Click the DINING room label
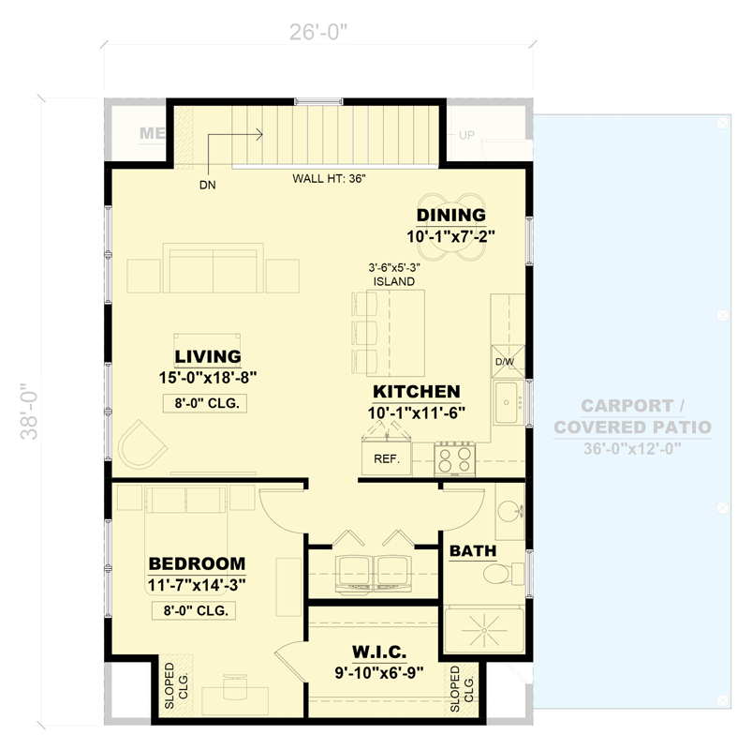(450, 215)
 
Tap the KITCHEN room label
(416, 391)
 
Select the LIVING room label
(208, 356)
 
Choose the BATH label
(473, 550)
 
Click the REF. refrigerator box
(387, 459)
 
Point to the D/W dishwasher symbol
(504, 361)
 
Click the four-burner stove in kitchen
(457, 459)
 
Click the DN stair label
(207, 185)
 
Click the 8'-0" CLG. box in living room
(208, 404)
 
